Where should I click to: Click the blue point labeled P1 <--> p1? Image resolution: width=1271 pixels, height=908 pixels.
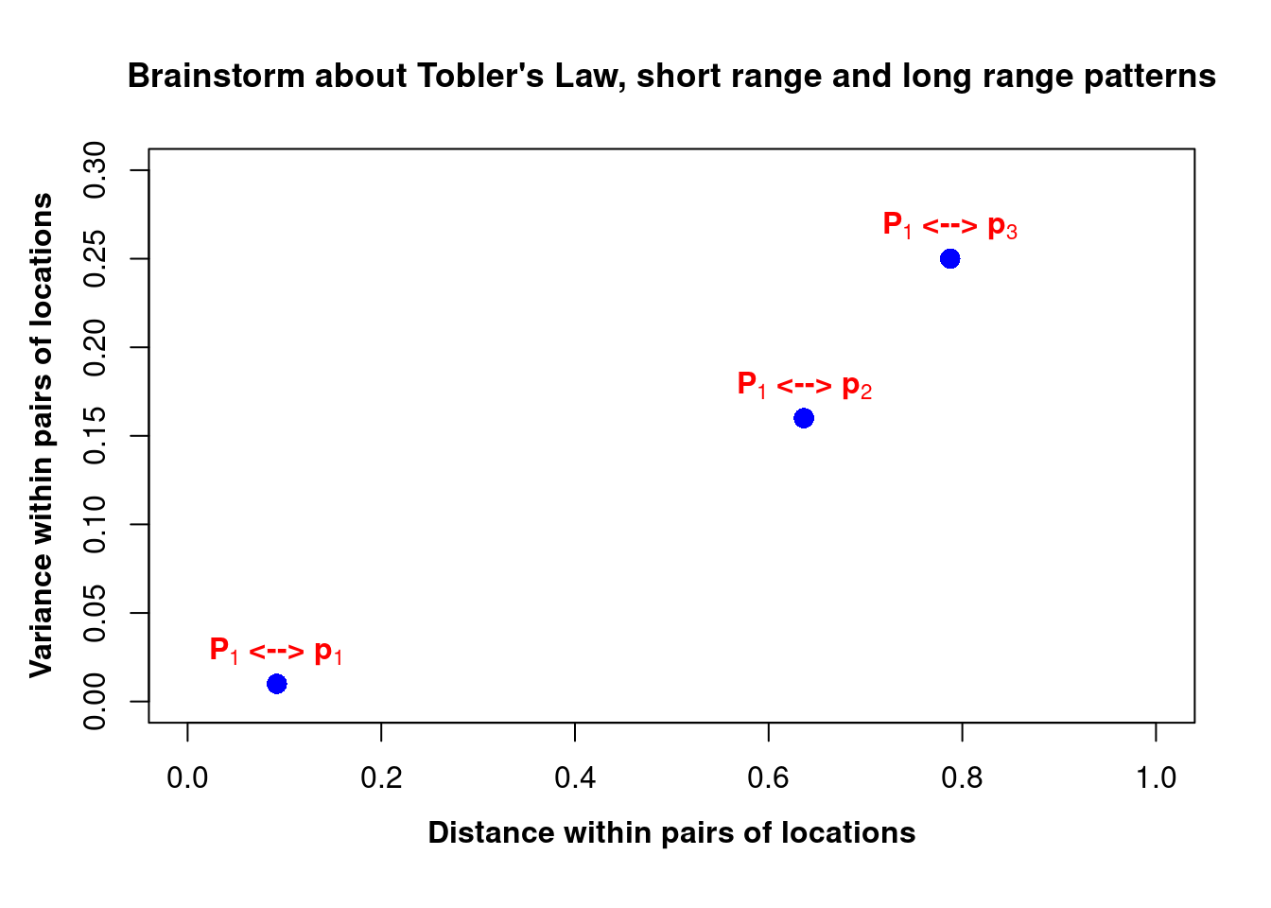[x=276, y=684]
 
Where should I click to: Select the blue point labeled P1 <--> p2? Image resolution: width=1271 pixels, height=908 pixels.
[x=804, y=418]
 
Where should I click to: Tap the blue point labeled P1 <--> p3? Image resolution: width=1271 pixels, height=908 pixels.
[x=949, y=259]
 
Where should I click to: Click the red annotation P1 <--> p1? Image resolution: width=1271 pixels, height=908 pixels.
[x=276, y=651]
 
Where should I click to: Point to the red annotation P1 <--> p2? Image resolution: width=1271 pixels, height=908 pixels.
[x=804, y=385]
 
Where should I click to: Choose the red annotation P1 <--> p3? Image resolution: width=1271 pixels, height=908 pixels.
[x=949, y=225]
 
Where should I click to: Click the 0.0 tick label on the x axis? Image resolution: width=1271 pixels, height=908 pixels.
[x=187, y=778]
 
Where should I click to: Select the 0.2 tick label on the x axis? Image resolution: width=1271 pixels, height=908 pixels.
[x=381, y=778]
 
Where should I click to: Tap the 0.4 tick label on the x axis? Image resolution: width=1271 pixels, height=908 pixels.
[x=575, y=778]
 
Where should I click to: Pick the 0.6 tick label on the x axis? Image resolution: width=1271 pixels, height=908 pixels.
[x=768, y=778]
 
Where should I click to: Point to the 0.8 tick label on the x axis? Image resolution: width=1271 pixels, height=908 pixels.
[x=962, y=778]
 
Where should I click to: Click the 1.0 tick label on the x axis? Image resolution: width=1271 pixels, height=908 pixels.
[x=1156, y=778]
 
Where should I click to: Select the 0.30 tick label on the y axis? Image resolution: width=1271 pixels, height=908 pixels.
[x=95, y=170]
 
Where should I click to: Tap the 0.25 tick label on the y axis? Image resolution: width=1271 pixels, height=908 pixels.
[x=95, y=259]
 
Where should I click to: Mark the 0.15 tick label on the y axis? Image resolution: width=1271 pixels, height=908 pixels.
[x=95, y=436]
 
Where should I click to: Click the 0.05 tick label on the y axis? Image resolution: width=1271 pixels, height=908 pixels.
[x=95, y=613]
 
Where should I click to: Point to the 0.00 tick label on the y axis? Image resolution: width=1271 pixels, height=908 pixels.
[x=95, y=702]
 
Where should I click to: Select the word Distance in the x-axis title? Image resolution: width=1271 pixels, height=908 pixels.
[x=492, y=833]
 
